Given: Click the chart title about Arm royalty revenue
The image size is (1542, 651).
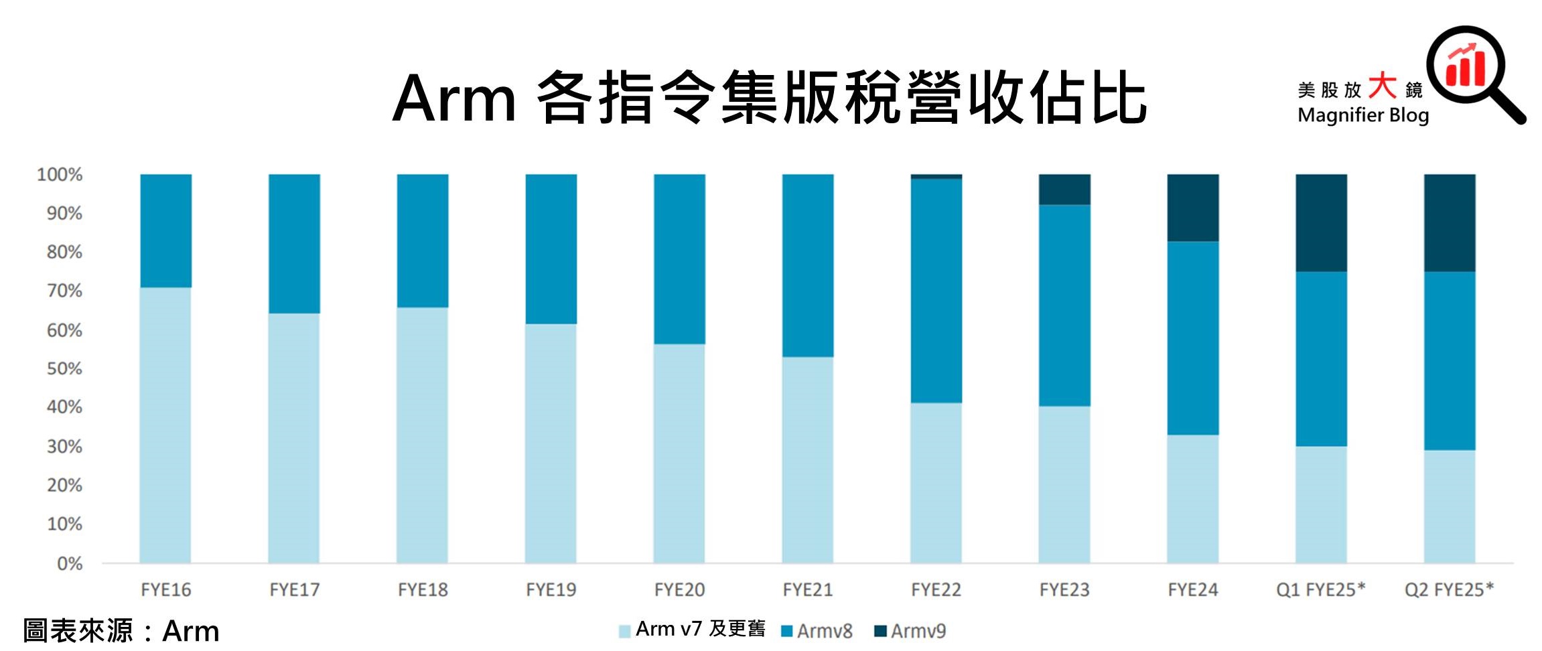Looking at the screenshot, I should [769, 98].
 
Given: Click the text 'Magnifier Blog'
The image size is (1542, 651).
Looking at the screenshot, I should [1362, 115].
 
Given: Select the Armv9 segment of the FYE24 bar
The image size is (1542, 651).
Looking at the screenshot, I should [1192, 208].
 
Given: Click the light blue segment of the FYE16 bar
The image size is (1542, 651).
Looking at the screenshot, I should [165, 425].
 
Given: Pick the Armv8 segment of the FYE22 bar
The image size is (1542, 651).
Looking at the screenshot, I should [936, 291].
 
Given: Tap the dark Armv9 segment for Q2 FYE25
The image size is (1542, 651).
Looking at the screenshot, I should [1449, 222].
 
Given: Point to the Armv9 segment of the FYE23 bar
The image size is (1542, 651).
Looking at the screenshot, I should [1064, 190].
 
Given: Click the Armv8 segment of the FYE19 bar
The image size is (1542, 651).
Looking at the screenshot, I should [551, 249].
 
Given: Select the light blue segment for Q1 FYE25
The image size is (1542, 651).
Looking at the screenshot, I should [1320, 504].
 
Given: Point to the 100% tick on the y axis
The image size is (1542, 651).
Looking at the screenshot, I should [60, 175].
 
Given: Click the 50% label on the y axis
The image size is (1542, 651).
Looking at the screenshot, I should [64, 368].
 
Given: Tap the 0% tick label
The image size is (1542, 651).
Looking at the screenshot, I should [70, 563].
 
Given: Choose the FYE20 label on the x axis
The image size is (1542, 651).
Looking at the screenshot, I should [679, 590].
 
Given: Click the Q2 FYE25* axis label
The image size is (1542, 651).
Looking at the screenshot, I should [1449, 590].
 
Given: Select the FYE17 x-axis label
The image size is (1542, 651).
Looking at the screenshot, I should [294, 590].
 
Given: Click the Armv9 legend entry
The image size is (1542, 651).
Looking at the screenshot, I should [910, 631].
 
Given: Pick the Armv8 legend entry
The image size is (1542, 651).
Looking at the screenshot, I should [817, 631].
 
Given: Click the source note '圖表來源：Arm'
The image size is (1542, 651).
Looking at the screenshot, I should [121, 631].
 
